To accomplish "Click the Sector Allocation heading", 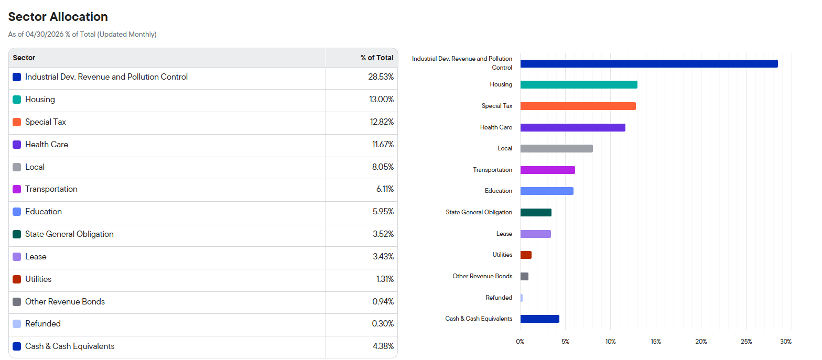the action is pyautogui.click(x=58, y=17).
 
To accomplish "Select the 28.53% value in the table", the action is pyautogui.click(x=381, y=77).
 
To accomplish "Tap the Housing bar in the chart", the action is pyautogui.click(x=579, y=85).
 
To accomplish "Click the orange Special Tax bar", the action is pyautogui.click(x=578, y=106).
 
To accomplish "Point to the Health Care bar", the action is pyautogui.click(x=573, y=127).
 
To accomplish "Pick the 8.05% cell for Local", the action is pyautogui.click(x=383, y=167).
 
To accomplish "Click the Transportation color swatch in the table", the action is pyautogui.click(x=17, y=189).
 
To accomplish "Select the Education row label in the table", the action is pyautogui.click(x=44, y=212).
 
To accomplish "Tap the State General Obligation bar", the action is pyautogui.click(x=536, y=212).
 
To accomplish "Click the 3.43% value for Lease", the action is pyautogui.click(x=383, y=257).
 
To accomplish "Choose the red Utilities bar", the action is pyautogui.click(x=526, y=255).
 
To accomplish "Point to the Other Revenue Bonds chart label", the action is pyautogui.click(x=482, y=276).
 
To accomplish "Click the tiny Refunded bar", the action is pyautogui.click(x=522, y=298).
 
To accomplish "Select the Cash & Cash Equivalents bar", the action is pyautogui.click(x=540, y=319).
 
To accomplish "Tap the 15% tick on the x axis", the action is pyautogui.click(x=656, y=342).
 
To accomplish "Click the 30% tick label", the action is pyautogui.click(x=786, y=342).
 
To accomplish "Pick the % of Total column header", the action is pyautogui.click(x=377, y=58).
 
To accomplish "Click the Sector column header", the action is pyautogui.click(x=24, y=58).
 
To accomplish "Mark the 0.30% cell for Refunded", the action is pyautogui.click(x=383, y=324).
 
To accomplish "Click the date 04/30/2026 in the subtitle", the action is pyautogui.click(x=45, y=35).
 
